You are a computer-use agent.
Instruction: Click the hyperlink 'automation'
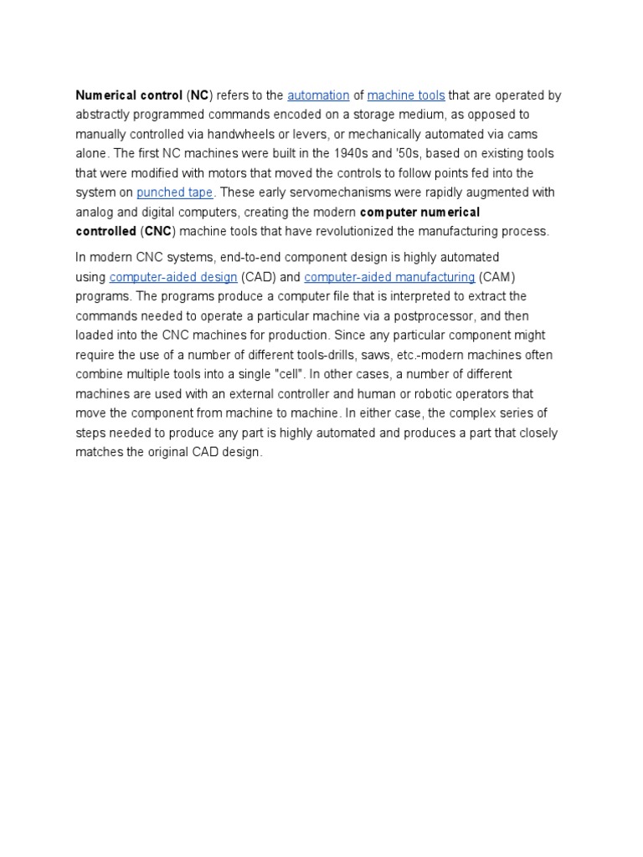(318, 95)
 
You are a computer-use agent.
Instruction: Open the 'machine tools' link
(406, 95)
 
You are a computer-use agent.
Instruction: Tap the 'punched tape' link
(175, 192)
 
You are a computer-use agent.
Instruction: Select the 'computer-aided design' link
(173, 277)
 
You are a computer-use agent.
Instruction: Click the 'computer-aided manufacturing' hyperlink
(389, 277)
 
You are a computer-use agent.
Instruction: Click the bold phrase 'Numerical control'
(123, 95)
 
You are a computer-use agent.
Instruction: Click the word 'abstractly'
(103, 115)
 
